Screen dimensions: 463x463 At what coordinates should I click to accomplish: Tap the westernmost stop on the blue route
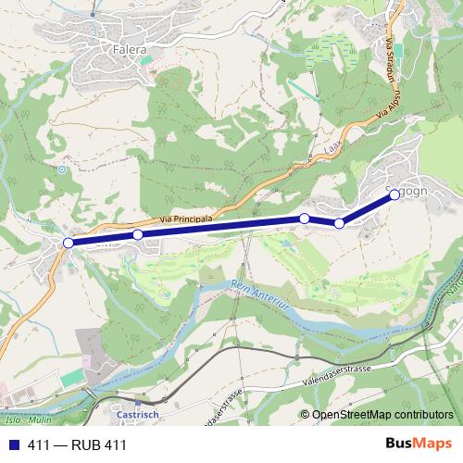pyautogui.click(x=68, y=243)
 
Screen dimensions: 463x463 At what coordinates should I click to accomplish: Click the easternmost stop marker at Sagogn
pyautogui.click(x=395, y=194)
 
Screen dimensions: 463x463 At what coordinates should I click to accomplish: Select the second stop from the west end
pyautogui.click(x=138, y=235)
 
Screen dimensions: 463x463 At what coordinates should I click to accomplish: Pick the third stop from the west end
pyautogui.click(x=304, y=219)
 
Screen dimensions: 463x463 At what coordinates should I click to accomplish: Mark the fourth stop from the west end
pyautogui.click(x=340, y=223)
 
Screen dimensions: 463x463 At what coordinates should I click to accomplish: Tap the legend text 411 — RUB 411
pyautogui.click(x=77, y=444)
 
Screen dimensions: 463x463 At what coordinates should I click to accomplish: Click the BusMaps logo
pyautogui.click(x=418, y=444)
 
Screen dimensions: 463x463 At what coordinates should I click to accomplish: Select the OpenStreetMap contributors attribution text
pyautogui.click(x=381, y=416)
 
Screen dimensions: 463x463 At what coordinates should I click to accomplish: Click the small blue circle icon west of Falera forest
pyautogui.click(x=62, y=169)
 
